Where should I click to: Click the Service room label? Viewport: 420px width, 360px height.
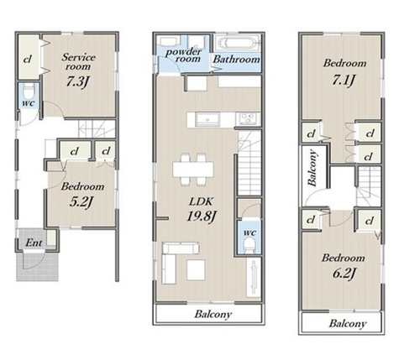(x=78, y=61)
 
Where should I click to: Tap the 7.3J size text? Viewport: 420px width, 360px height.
(x=77, y=81)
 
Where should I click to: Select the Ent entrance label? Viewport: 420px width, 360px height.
(x=34, y=243)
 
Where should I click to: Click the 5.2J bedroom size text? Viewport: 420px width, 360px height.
(x=81, y=202)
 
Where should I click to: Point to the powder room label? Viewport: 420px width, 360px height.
(x=184, y=55)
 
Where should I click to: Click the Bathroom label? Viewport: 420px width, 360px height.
(x=237, y=59)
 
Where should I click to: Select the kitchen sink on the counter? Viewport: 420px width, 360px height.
(x=207, y=120)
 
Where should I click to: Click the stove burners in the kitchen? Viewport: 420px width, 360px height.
(x=248, y=118)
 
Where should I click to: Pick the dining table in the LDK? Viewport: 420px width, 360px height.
(x=193, y=170)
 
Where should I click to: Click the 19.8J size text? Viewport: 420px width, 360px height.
(x=202, y=216)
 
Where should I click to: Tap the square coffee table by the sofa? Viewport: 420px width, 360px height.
(x=196, y=270)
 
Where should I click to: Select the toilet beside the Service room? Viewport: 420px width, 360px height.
(x=29, y=91)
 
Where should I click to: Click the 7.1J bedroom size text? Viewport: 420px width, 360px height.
(x=344, y=81)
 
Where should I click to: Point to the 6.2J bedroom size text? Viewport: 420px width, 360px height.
(x=344, y=273)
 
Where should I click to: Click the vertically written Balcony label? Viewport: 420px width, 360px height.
(x=312, y=169)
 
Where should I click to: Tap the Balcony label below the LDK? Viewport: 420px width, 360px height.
(x=213, y=314)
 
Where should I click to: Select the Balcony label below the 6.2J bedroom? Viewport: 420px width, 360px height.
(x=348, y=324)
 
